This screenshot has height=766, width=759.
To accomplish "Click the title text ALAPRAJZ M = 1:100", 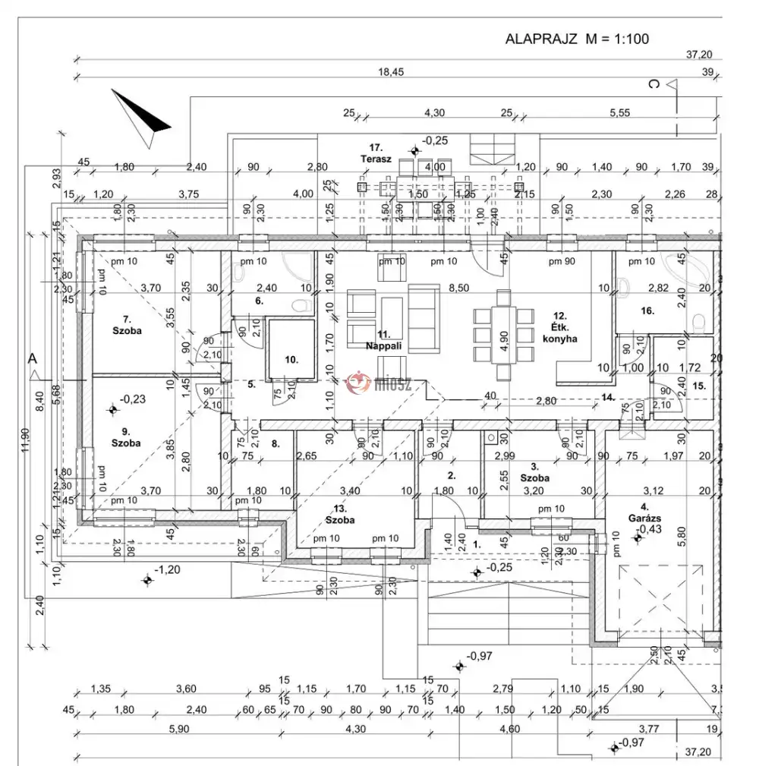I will click(x=577, y=39).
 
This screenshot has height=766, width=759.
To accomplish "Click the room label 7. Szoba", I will click(x=127, y=324).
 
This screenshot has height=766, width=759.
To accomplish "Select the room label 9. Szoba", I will click(x=126, y=437).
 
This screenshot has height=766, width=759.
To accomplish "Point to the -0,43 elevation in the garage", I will click(x=648, y=529).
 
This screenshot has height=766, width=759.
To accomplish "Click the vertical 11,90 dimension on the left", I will click(x=24, y=440).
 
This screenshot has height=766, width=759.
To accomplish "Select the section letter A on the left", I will click(x=32, y=358).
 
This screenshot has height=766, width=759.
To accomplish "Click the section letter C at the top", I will click(x=653, y=84).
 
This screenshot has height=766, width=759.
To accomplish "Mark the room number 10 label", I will click(x=291, y=359).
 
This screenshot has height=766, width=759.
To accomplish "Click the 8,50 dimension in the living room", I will click(x=457, y=288).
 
